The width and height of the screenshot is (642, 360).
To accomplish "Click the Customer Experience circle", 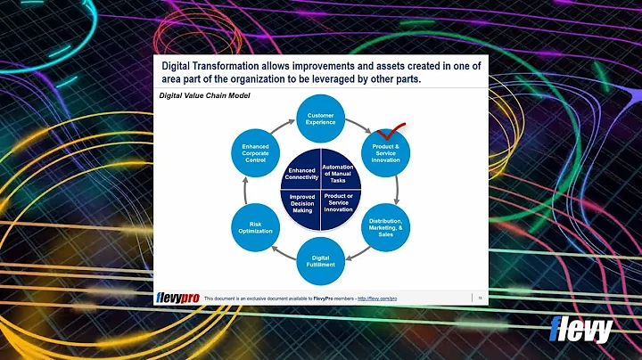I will [321, 119].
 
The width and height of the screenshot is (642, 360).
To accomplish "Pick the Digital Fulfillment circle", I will [321, 260].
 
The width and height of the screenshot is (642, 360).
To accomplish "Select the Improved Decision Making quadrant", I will [302, 203].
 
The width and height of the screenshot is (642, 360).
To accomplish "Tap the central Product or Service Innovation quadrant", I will [338, 202].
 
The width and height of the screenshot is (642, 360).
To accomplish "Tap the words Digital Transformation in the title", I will [215, 65].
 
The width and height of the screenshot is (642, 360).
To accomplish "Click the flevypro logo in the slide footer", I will [177, 298].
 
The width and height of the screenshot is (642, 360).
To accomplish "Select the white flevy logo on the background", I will [582, 330].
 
